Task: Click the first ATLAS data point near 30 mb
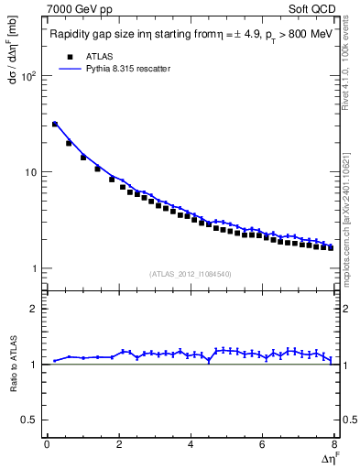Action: pos(55,124)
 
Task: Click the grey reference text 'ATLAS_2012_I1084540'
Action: pos(191,274)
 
